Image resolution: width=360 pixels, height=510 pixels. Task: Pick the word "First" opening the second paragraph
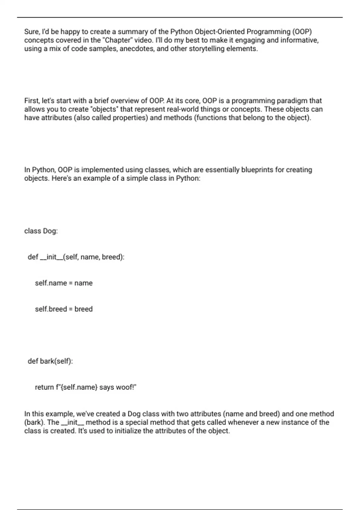[x=31, y=101]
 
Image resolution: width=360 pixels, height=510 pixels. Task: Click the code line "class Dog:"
[x=41, y=231]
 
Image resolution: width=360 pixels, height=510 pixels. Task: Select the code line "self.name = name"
[x=64, y=283]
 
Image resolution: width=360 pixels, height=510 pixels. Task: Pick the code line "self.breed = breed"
[x=64, y=309]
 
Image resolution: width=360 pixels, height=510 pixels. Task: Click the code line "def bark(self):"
[x=50, y=361]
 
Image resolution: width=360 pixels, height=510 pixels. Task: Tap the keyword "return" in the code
[x=44, y=387]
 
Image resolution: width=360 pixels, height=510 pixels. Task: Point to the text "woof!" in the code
[x=126, y=387]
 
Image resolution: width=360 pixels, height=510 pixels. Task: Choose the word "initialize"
[x=131, y=431]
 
